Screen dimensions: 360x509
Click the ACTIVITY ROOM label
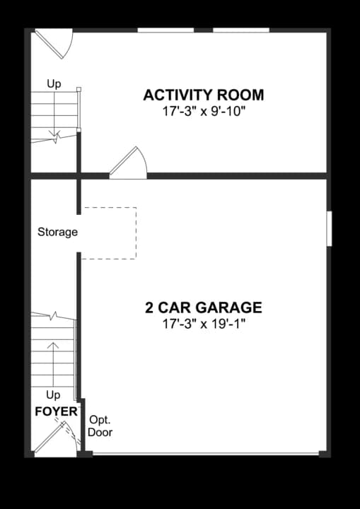point(204,95)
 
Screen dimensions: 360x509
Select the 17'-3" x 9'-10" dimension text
point(204,112)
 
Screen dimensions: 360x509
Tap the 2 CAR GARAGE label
point(204,308)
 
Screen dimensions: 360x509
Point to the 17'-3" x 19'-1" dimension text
point(204,324)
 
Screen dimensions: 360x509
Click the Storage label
point(57,232)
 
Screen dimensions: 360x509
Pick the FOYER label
point(56,411)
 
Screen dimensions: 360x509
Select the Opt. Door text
point(100,426)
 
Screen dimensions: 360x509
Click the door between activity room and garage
point(129,163)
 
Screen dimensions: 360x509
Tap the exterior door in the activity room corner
point(54,44)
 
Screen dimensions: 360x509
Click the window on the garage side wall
point(330,228)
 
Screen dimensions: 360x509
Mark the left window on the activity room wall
point(166,30)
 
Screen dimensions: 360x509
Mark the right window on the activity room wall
point(241,30)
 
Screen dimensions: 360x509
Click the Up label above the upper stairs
point(54,84)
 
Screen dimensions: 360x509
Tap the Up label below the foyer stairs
point(53,395)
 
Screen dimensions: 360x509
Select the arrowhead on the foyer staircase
point(53,345)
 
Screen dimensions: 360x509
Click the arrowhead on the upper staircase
point(54,134)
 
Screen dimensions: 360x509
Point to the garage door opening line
point(206,454)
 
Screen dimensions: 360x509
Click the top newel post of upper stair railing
point(79,89)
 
